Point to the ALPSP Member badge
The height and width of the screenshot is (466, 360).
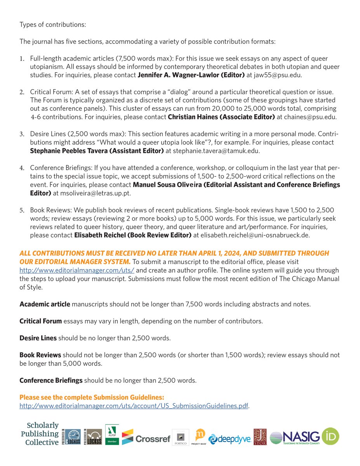112,435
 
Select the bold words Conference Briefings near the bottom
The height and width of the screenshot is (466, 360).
51,381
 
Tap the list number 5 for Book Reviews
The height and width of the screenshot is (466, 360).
22,210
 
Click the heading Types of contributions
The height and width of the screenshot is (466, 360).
53,25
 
